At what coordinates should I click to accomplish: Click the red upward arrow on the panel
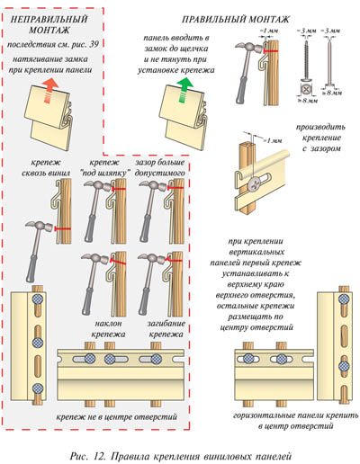(x=50, y=91)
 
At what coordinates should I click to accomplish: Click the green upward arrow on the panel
(x=184, y=90)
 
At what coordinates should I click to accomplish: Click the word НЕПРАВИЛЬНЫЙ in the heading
(x=49, y=20)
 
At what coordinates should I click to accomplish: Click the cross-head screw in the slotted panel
(x=255, y=183)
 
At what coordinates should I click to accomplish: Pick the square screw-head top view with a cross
(x=306, y=89)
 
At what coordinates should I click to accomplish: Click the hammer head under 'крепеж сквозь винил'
(x=40, y=226)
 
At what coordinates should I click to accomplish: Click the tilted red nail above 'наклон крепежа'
(x=118, y=262)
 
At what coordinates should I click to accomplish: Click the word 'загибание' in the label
(x=166, y=324)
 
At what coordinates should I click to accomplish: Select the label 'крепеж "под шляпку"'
(x=106, y=168)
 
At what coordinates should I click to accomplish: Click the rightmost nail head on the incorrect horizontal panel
(x=156, y=359)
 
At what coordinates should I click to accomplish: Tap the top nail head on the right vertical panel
(x=344, y=299)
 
